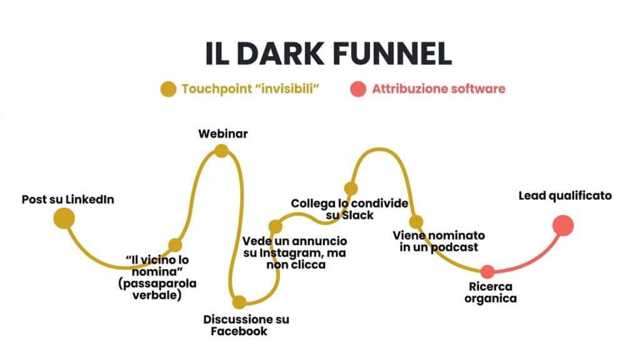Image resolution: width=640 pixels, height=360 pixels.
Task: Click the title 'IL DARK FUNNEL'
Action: pyautogui.click(x=329, y=54)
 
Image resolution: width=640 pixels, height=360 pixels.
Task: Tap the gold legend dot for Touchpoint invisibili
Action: pyautogui.click(x=168, y=89)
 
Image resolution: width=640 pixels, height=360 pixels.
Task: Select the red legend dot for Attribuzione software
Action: pyautogui.click(x=357, y=89)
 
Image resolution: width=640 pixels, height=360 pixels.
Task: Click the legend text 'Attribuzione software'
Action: pyautogui.click(x=438, y=89)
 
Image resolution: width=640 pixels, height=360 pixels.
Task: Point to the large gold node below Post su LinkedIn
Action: pyautogui.click(x=64, y=218)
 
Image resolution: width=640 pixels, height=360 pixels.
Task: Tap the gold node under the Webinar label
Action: pyautogui.click(x=221, y=151)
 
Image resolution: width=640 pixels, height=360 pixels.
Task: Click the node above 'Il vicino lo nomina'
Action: pyautogui.click(x=175, y=245)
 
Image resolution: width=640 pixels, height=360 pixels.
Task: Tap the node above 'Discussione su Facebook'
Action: pyautogui.click(x=239, y=302)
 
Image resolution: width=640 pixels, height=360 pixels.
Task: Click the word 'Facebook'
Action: pyautogui.click(x=239, y=331)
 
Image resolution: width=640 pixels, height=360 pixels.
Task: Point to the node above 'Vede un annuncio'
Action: pyautogui.click(x=276, y=226)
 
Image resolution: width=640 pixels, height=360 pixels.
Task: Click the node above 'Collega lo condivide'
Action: pyautogui.click(x=351, y=188)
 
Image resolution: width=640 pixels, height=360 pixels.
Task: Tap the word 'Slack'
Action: pyautogui.click(x=357, y=216)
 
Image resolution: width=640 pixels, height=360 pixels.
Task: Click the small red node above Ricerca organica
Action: pyautogui.click(x=487, y=271)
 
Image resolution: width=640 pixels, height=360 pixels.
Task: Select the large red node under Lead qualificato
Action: pyautogui.click(x=563, y=225)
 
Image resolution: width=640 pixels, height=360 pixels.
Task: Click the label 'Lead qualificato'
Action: pyautogui.click(x=565, y=196)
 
